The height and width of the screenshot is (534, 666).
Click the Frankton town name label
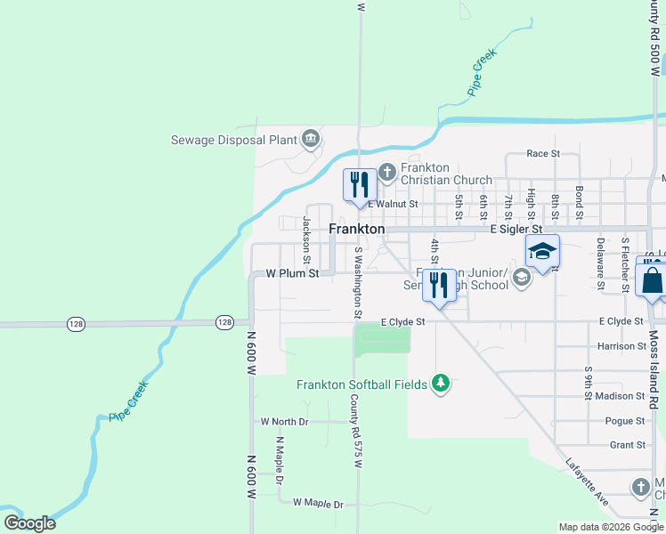(357, 229)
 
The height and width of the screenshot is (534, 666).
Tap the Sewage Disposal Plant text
(234, 140)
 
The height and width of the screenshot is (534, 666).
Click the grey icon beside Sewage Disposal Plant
(311, 138)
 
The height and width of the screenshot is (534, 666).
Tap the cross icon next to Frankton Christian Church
(387, 172)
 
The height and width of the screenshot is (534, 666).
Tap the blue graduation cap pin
(541, 252)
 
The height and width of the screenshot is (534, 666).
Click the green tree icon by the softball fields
(440, 384)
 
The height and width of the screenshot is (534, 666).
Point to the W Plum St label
(293, 274)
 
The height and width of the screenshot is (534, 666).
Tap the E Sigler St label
(516, 229)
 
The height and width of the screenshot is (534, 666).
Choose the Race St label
(543, 153)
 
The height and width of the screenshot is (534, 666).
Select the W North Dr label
(284, 421)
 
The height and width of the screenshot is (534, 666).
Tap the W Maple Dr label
(318, 504)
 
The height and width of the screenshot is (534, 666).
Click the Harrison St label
(621, 346)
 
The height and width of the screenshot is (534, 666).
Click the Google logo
(29, 523)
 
